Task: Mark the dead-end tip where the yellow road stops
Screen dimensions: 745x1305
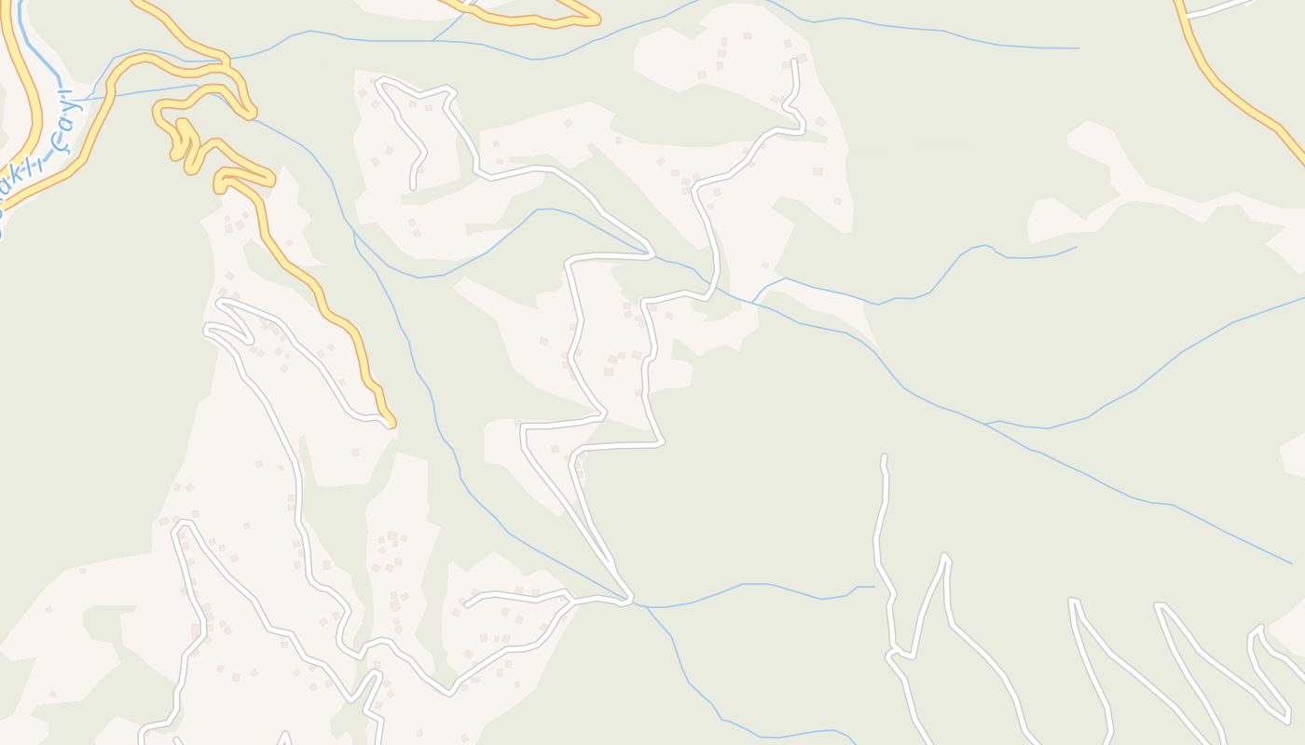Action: [x=391, y=424]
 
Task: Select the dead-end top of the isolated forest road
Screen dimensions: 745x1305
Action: [x=884, y=458]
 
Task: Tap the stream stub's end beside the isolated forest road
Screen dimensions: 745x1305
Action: [x=873, y=587]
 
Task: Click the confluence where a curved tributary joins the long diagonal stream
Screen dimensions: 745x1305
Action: [x=986, y=424]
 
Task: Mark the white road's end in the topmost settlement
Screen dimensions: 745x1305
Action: [x=794, y=61]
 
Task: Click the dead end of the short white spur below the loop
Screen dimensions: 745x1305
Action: [x=413, y=186]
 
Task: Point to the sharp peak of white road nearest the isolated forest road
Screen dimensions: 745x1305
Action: [x=945, y=556]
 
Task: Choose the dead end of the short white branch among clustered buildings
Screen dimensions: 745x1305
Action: [x=467, y=604]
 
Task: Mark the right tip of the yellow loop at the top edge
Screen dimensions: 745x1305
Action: [x=598, y=18]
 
